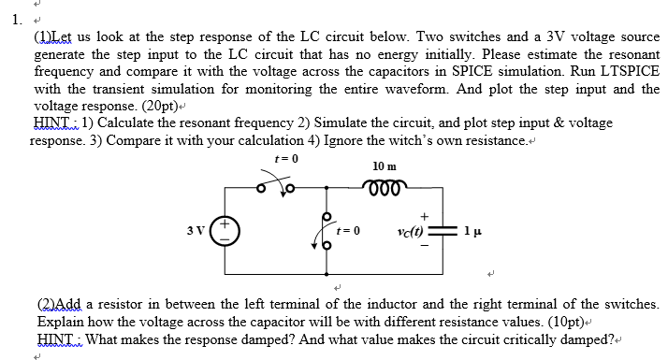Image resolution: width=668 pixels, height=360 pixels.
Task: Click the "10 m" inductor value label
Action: point(384,166)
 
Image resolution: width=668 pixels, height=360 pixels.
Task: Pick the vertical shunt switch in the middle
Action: point(325,230)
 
